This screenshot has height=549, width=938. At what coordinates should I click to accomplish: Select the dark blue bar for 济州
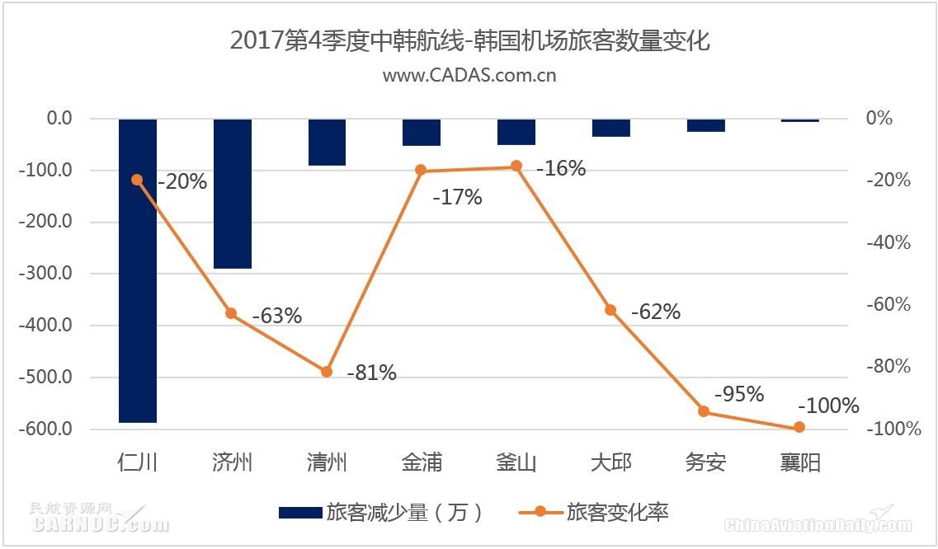[x=233, y=194]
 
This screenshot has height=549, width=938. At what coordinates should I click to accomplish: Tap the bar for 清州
[x=327, y=142]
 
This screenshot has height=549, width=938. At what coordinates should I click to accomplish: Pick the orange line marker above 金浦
[x=421, y=171]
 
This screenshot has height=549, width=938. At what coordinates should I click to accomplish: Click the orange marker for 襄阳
[x=799, y=427]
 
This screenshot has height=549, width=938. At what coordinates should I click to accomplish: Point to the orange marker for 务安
[x=704, y=411]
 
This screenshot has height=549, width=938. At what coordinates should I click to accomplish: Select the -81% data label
[x=371, y=373]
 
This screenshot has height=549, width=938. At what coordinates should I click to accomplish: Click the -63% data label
[x=277, y=316]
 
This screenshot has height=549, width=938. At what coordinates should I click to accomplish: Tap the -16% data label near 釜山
[x=561, y=169]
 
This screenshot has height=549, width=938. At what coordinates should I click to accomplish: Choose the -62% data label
[x=656, y=312]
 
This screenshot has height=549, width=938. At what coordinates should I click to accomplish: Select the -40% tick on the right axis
[x=888, y=242]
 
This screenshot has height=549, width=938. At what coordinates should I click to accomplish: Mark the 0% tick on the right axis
[x=879, y=119]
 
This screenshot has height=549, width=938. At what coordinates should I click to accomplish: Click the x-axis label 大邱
[x=610, y=462]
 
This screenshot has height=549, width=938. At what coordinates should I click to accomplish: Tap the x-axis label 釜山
[x=516, y=462]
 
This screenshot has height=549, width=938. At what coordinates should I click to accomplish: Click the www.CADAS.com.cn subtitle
[x=469, y=75]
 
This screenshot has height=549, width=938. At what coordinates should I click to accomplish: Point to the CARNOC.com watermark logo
[x=98, y=519]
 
